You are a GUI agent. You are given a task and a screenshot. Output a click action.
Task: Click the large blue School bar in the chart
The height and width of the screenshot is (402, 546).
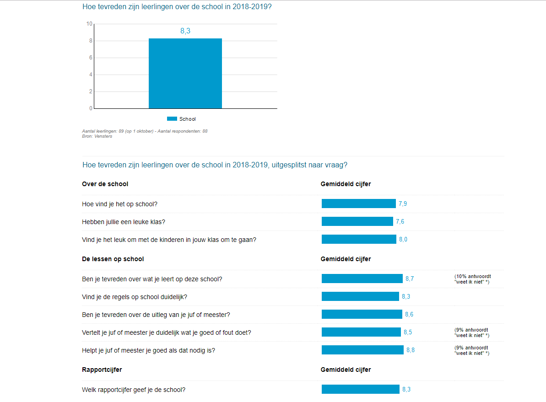(185, 73)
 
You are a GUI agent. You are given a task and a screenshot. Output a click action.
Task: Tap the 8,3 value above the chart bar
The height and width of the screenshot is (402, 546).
(185, 31)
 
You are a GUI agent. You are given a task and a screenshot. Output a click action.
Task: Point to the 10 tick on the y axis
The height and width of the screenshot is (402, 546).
(89, 24)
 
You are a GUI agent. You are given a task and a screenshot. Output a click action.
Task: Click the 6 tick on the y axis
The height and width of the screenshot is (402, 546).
(91, 58)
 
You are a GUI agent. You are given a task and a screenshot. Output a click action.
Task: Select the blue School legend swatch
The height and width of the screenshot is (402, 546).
(172, 119)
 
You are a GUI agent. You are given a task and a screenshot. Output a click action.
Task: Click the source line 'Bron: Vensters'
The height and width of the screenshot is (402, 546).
(97, 136)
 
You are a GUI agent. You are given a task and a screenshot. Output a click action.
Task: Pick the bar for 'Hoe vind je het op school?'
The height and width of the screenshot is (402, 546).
(358, 204)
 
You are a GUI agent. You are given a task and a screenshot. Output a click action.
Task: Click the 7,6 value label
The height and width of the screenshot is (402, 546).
(400, 222)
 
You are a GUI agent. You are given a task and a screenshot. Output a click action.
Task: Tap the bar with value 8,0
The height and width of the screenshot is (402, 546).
(359, 239)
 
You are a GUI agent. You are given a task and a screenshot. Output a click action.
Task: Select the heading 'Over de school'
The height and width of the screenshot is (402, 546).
(105, 184)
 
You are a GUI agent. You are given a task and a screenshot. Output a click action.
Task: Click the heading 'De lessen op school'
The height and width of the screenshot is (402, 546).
(113, 259)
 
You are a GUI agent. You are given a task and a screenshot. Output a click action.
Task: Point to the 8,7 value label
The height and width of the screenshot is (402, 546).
(410, 279)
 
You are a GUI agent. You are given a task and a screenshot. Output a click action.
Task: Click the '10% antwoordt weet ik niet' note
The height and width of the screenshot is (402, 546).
(472, 279)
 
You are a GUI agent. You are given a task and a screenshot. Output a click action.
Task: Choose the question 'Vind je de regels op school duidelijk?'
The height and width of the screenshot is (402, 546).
(135, 297)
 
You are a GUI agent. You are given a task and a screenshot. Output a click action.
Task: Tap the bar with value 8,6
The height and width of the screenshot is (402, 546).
(362, 314)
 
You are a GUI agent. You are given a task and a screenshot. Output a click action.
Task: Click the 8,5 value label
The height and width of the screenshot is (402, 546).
(408, 332)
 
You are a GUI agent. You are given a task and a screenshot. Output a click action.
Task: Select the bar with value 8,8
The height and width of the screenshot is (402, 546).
(362, 350)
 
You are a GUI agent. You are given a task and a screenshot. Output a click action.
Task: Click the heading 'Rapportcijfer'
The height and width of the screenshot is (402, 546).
(102, 370)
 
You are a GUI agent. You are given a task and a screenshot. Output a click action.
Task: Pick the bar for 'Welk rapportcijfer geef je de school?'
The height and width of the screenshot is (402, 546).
(360, 389)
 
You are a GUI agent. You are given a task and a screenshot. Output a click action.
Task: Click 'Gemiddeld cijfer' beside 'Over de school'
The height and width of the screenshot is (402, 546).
(346, 184)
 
